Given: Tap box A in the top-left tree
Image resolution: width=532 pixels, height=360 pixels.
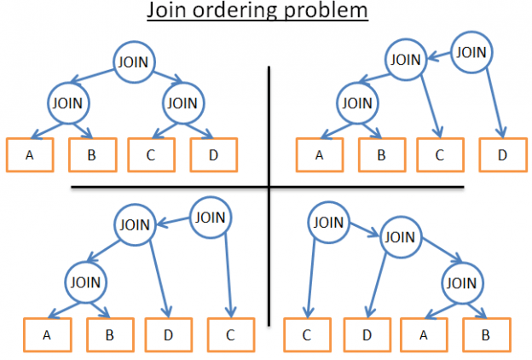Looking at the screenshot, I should point(30,154).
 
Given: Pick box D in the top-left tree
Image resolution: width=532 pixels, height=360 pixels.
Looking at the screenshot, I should point(212,154).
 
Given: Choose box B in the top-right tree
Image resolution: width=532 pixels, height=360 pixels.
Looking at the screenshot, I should point(381,155).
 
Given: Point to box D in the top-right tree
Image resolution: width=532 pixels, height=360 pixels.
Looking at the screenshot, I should point(502,155).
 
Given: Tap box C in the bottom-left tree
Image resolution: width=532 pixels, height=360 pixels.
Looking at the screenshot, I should point(230,334).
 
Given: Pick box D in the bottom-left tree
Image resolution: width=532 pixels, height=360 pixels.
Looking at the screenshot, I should point(169,334).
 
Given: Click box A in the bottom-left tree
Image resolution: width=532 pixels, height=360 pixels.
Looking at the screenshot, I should point(46,334).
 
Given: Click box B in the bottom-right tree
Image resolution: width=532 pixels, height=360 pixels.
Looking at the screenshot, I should point(486,334).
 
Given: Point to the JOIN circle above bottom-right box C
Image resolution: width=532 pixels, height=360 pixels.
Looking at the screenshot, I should point(325,224).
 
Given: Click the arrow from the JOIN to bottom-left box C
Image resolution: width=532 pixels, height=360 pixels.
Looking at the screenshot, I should point(228,273).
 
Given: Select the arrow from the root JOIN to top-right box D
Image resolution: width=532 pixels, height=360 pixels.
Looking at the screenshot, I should point(494,98).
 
